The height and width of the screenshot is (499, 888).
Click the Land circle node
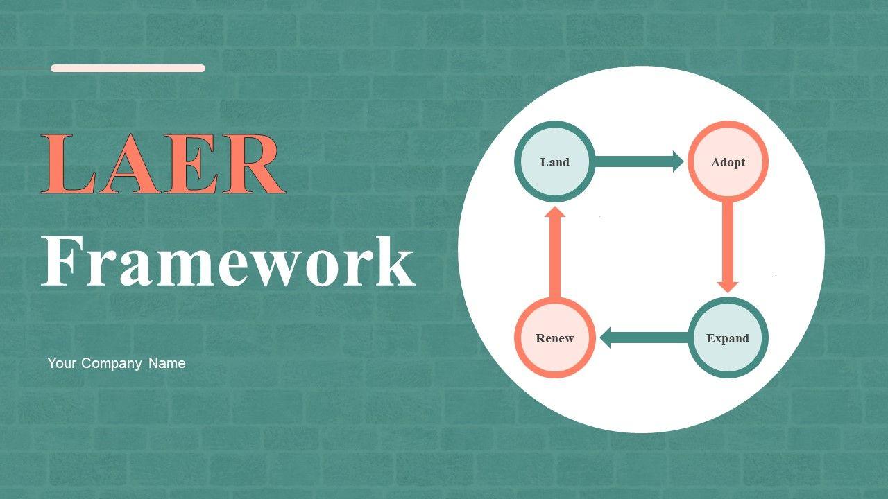tap(554, 162)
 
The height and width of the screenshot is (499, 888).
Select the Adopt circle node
tap(728, 162)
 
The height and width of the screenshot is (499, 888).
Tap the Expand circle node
tap(728, 338)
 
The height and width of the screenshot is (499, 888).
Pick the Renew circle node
tap(554, 338)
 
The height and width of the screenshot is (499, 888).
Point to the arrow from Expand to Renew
tap(645, 338)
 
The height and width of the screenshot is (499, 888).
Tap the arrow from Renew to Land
tap(554, 253)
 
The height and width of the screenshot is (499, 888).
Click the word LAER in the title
tap(163, 165)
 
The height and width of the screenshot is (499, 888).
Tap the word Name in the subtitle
tap(166, 363)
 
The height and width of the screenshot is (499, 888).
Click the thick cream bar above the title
tap(128, 68)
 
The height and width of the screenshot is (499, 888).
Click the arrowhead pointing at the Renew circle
tap(606, 338)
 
